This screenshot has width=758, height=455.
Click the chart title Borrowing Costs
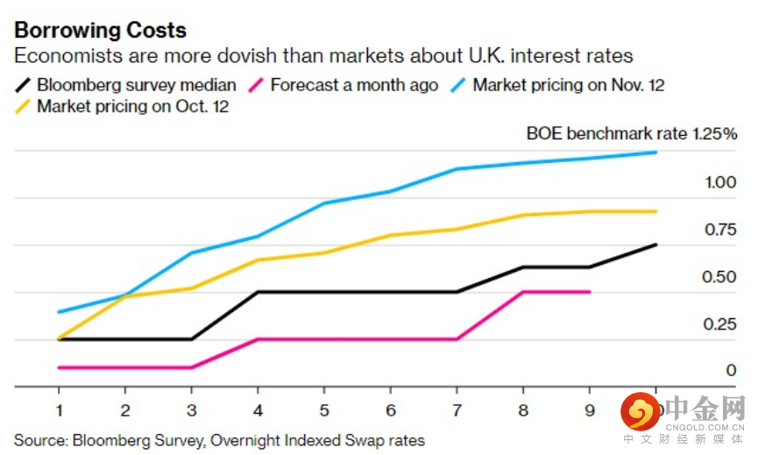tap(100, 29)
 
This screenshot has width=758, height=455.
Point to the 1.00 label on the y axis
tap(720, 182)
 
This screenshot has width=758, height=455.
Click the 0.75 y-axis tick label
tap(720, 230)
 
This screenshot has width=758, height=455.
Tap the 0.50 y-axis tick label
tap(720, 277)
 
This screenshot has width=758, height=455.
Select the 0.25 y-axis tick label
tap(720, 324)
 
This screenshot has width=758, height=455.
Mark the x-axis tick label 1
tap(59, 409)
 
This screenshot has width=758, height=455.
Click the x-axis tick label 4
tap(258, 409)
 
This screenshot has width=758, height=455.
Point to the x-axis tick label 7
tap(457, 409)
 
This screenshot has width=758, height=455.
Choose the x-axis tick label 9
tap(590, 409)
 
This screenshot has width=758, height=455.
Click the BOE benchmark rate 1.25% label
tap(631, 133)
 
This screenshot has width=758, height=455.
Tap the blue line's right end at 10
tap(656, 153)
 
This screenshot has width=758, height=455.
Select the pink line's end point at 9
tap(590, 292)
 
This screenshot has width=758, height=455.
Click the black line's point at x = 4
tap(258, 292)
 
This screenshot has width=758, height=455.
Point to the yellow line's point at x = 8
tap(523, 215)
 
